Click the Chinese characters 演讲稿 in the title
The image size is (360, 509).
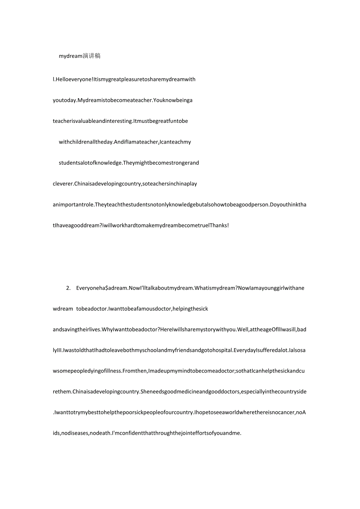pyautogui.click(x=92, y=56)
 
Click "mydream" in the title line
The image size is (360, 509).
pyautogui.click(x=71, y=56)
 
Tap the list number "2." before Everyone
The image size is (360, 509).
pyautogui.click(x=68, y=288)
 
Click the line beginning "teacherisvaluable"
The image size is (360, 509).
pyautogui.click(x=120, y=121)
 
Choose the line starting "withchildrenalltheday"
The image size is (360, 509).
pyautogui.click(x=125, y=142)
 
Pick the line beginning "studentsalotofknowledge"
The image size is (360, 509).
pyautogui.click(x=129, y=162)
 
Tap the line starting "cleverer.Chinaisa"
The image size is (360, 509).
pyautogui.click(x=125, y=183)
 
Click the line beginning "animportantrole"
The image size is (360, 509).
pyautogui.click(x=180, y=204)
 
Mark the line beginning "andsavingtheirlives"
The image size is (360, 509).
pyautogui.click(x=180, y=329)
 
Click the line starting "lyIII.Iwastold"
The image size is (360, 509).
pyautogui.click(x=180, y=350)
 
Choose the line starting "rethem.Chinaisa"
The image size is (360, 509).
pyautogui.click(x=180, y=392)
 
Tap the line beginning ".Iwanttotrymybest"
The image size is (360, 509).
pyautogui.click(x=180, y=412)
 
